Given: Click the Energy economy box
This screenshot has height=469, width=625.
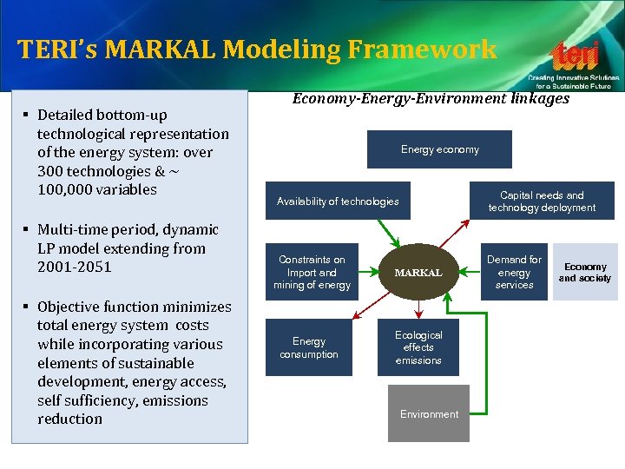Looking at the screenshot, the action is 439,149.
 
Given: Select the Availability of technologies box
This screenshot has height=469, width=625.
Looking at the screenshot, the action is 338,201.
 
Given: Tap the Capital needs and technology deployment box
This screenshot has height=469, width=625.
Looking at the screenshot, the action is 542,201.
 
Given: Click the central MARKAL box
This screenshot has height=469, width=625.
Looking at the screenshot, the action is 418,273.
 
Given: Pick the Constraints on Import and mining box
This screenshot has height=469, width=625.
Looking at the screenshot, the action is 312,272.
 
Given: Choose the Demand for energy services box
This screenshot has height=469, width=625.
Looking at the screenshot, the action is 514,272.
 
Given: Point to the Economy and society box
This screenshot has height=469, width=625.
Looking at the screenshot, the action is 584,272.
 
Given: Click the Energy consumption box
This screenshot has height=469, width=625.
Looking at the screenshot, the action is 309,348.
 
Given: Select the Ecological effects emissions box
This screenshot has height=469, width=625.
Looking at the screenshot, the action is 418,347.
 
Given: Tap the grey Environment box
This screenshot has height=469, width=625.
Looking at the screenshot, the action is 429,413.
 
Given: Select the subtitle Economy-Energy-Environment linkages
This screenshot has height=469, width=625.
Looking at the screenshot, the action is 431,99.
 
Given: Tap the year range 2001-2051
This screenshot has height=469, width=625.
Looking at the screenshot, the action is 74,267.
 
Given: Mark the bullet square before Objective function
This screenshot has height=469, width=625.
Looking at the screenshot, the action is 30,307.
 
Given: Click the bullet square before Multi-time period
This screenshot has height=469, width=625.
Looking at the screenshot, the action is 30,230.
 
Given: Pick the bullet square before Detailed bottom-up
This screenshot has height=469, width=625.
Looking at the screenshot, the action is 30,115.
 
